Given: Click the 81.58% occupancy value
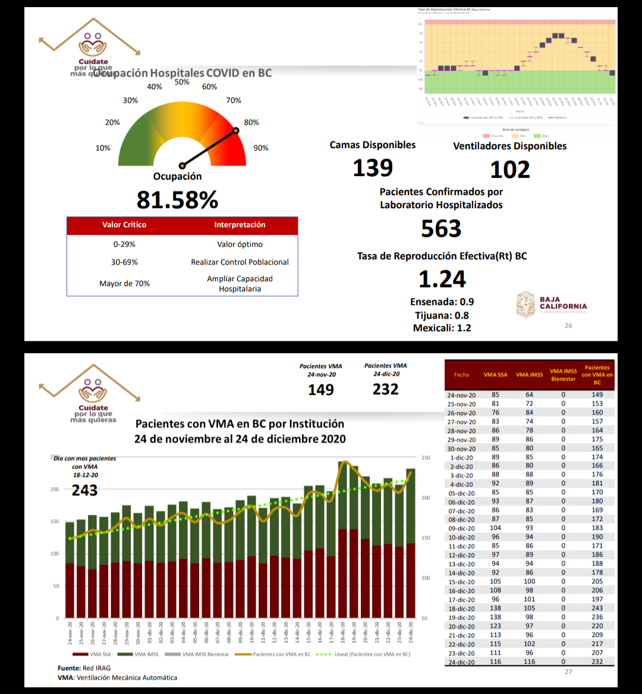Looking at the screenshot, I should tap(177, 200).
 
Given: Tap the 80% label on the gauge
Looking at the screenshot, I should tap(251, 123).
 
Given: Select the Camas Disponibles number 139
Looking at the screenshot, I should tap(373, 168).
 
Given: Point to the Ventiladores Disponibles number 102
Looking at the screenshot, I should tap(509, 170).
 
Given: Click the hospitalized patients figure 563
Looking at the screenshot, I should tap(441, 229).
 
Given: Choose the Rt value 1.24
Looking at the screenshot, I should tap(442, 279).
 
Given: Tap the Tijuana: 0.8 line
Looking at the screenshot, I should tap(442, 315).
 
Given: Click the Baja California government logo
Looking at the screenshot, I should tap(551, 304).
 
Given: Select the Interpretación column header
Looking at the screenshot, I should tap(240, 225).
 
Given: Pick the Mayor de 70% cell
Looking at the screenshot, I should tap(124, 284).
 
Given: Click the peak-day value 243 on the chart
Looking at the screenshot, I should tap(84, 490).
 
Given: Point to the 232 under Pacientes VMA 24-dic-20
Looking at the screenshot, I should tap(385, 390).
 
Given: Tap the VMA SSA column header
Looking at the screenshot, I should tap(495, 375).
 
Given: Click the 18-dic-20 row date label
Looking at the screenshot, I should tap(461, 608).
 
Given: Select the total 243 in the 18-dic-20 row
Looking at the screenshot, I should tap(597, 608).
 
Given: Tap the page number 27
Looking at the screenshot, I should tap(568, 671).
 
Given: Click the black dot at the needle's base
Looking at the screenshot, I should tap(182, 166).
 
